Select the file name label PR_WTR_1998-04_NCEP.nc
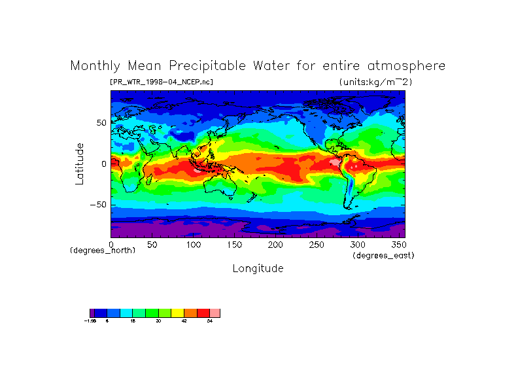(x=161, y=82)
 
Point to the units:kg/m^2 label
(x=375, y=82)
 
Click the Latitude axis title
(x=80, y=164)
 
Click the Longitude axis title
(x=258, y=268)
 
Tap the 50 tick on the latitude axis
(x=101, y=123)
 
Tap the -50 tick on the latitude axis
(x=99, y=205)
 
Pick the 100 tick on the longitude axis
(x=193, y=245)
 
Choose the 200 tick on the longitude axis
(x=275, y=245)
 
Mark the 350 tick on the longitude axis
(x=398, y=245)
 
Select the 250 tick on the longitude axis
(x=317, y=245)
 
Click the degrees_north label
(x=103, y=251)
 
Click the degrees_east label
(x=383, y=255)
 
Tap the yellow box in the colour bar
(x=177, y=313)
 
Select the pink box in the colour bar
(x=215, y=313)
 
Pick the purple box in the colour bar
(x=92, y=313)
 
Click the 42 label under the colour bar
(x=184, y=322)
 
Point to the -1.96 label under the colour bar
(x=90, y=322)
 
